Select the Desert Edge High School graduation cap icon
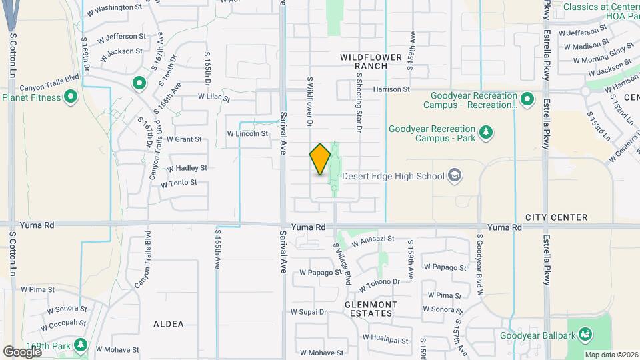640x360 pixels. point(455,176)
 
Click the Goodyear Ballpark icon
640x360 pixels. point(585,333)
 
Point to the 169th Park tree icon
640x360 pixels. point(81,345)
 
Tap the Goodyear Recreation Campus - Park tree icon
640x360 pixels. point(487,132)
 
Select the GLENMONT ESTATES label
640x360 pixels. point(371,309)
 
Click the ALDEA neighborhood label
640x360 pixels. point(168,324)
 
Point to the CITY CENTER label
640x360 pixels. point(556,217)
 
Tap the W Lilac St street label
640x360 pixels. point(213,97)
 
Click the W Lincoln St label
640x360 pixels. point(247,133)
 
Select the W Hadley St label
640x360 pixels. point(187,169)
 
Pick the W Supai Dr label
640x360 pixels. point(309,311)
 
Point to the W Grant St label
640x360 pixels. point(184,139)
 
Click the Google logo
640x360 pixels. point(22,351)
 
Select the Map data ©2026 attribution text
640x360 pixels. point(611,355)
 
